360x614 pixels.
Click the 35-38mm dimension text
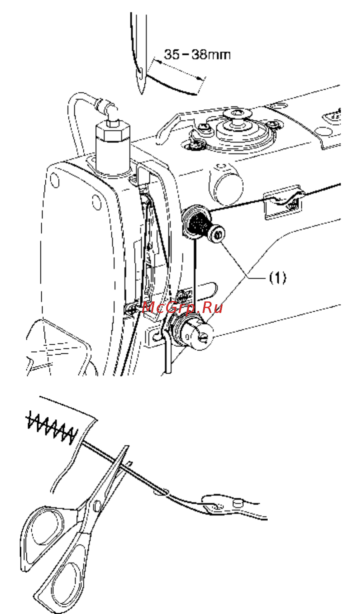(x=197, y=54)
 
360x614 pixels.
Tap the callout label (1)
(x=278, y=278)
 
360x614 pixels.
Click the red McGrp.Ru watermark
(x=182, y=308)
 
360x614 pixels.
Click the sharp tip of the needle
(x=141, y=93)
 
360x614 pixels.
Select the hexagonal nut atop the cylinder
(x=113, y=131)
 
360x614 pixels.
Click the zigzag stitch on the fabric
(x=51, y=428)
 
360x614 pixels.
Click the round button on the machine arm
(x=226, y=186)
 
